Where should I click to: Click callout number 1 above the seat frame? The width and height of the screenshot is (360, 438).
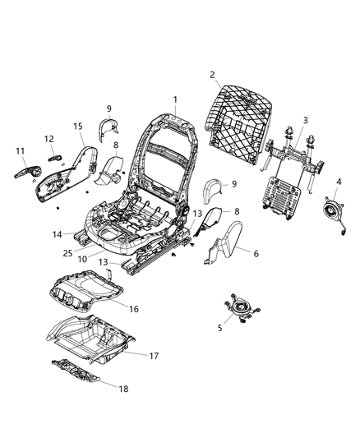click(x=174, y=99)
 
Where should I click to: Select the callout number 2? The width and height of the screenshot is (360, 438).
click(x=213, y=75)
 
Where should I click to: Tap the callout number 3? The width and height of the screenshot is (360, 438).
click(x=305, y=121)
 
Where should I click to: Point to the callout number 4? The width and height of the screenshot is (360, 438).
click(x=339, y=181)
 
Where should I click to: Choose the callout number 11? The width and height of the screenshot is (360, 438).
click(x=18, y=152)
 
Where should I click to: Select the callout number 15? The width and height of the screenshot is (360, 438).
click(x=78, y=126)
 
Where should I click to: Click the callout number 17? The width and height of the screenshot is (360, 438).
click(x=153, y=356)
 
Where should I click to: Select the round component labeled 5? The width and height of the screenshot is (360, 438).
click(x=239, y=309)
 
